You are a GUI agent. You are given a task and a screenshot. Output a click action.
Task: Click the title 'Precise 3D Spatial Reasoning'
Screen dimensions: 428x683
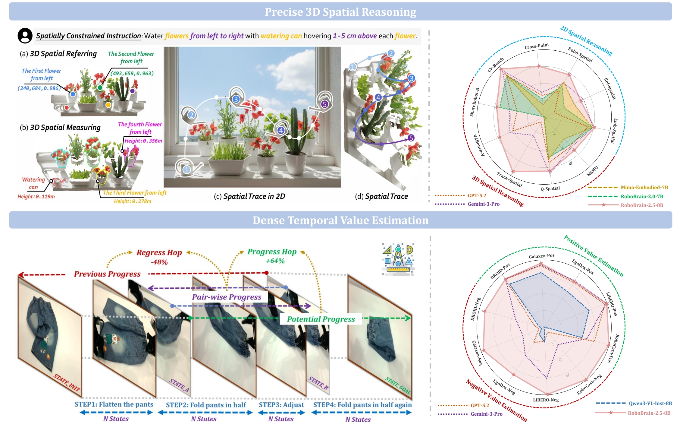click(340, 12)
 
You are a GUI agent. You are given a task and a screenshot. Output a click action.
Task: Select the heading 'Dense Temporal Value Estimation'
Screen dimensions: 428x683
click(340, 220)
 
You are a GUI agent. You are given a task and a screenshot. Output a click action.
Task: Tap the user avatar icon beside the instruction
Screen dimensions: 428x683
click(25, 36)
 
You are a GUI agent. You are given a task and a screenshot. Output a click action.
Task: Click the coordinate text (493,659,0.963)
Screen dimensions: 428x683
click(132, 73)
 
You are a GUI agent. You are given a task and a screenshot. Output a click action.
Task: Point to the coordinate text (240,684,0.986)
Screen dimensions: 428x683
click(39, 88)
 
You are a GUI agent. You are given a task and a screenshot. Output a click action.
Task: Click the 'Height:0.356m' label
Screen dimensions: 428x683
click(143, 141)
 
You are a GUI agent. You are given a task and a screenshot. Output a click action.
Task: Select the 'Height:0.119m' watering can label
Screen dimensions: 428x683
click(36, 197)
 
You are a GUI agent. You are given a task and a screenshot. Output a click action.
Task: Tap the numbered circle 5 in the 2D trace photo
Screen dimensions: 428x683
click(324, 104)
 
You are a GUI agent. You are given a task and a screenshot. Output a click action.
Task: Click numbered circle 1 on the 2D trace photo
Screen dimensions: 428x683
click(186, 170)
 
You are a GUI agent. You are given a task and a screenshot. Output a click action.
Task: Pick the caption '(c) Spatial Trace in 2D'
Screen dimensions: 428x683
click(249, 196)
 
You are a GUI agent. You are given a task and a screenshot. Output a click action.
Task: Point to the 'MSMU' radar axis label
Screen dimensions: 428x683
click(592, 171)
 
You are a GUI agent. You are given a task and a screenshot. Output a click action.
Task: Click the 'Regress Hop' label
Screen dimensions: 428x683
click(159, 252)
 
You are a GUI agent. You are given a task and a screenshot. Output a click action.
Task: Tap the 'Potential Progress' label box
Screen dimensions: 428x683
click(321, 319)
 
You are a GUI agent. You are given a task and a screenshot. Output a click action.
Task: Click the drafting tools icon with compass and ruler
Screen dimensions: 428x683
click(398, 259)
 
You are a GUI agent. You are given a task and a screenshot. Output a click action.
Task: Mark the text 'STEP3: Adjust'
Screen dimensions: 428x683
click(281, 405)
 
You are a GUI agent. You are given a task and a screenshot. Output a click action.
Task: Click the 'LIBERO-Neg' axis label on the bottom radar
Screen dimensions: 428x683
click(546, 400)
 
